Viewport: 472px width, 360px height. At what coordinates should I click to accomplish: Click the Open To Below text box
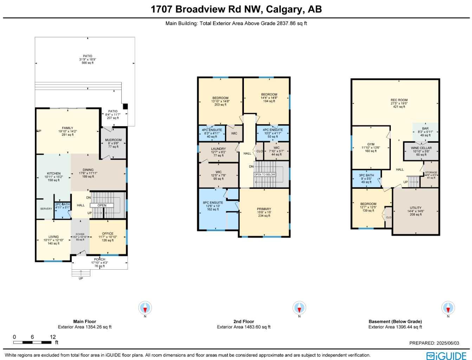265,174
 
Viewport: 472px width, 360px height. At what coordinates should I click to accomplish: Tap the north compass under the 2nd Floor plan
299,308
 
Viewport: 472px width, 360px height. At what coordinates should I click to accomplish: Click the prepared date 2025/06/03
434,343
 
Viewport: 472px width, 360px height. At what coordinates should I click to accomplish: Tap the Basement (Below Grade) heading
395,321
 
